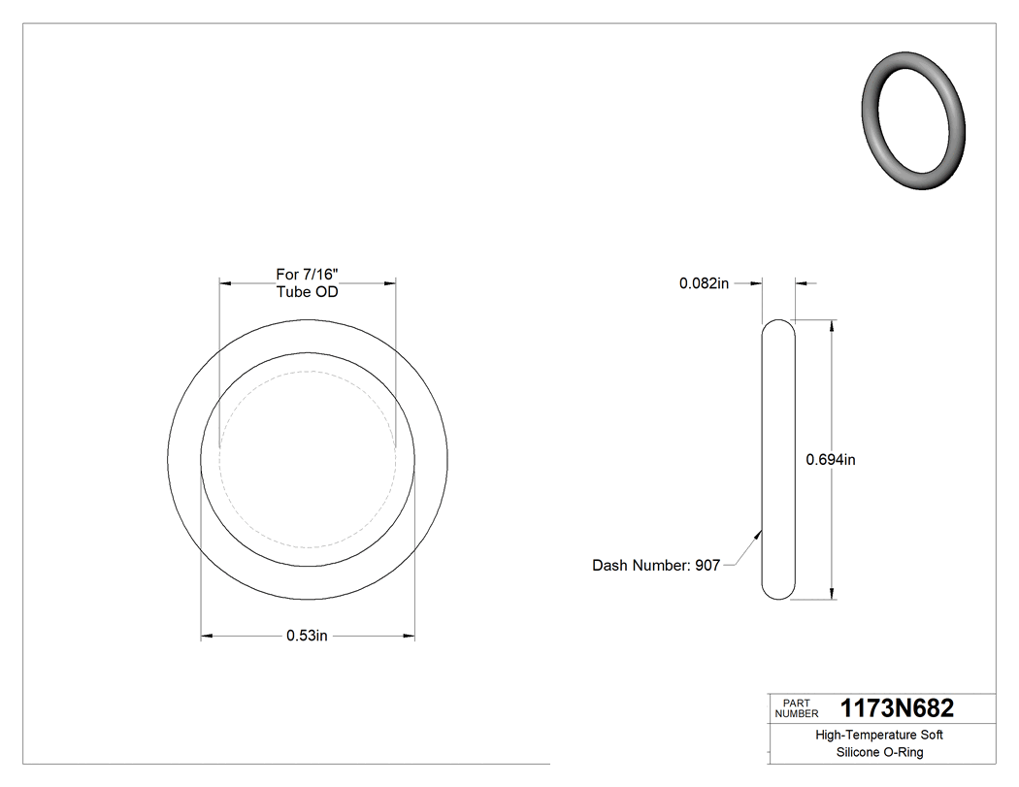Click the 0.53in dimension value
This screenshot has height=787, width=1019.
[x=308, y=637]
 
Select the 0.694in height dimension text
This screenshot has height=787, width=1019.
[x=831, y=460]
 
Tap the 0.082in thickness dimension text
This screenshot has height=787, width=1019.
[x=704, y=283]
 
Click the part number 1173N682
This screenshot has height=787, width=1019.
[x=897, y=708]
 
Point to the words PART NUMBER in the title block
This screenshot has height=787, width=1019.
[x=796, y=708]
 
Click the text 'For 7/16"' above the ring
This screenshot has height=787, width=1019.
[x=307, y=275]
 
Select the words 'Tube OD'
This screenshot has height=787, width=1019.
[x=307, y=292]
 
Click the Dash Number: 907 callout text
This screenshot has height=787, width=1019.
[x=656, y=566]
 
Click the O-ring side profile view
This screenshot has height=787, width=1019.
[x=778, y=460]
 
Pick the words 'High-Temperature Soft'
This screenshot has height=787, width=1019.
[x=879, y=735]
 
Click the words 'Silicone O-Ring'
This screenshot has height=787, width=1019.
[x=879, y=752]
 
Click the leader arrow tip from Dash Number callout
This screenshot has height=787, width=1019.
[x=760, y=529]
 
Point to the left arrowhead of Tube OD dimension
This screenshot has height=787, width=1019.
[x=224, y=283]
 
